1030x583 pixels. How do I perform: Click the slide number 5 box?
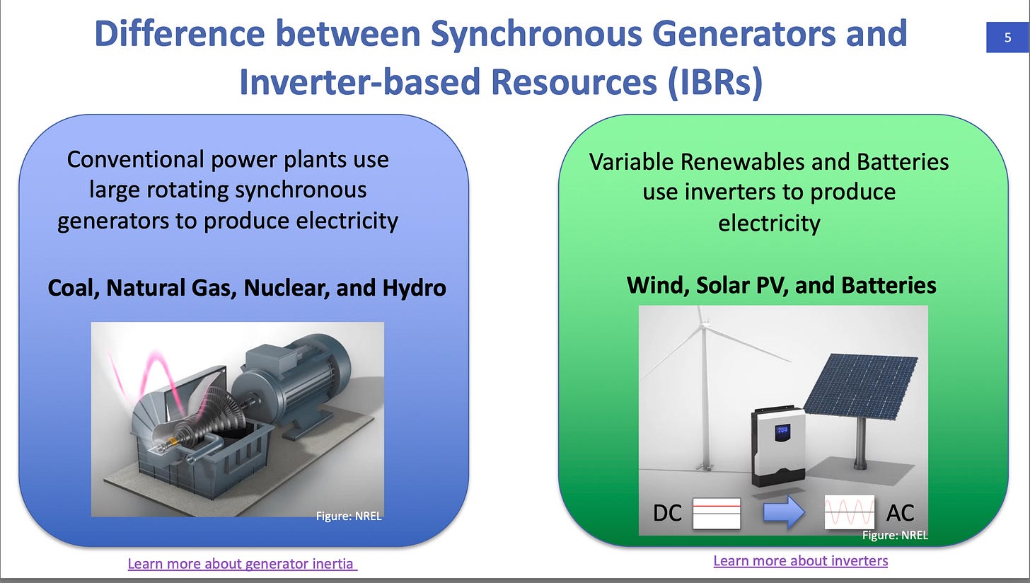tap(1007, 37)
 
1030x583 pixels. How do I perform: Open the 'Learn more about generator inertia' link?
tap(243, 564)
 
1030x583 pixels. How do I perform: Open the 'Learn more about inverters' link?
tap(801, 561)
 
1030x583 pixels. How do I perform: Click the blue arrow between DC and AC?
tap(784, 512)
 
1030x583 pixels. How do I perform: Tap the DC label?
tap(667, 513)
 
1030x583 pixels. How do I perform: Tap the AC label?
tap(900, 513)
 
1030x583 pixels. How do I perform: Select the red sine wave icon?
tap(850, 512)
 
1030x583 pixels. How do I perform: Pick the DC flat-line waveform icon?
tap(717, 513)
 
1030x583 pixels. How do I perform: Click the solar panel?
tap(861, 386)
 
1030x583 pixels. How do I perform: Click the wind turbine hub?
tap(703, 325)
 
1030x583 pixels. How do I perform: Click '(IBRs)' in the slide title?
tap(715, 82)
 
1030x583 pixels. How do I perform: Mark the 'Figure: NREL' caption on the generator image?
tap(349, 516)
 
